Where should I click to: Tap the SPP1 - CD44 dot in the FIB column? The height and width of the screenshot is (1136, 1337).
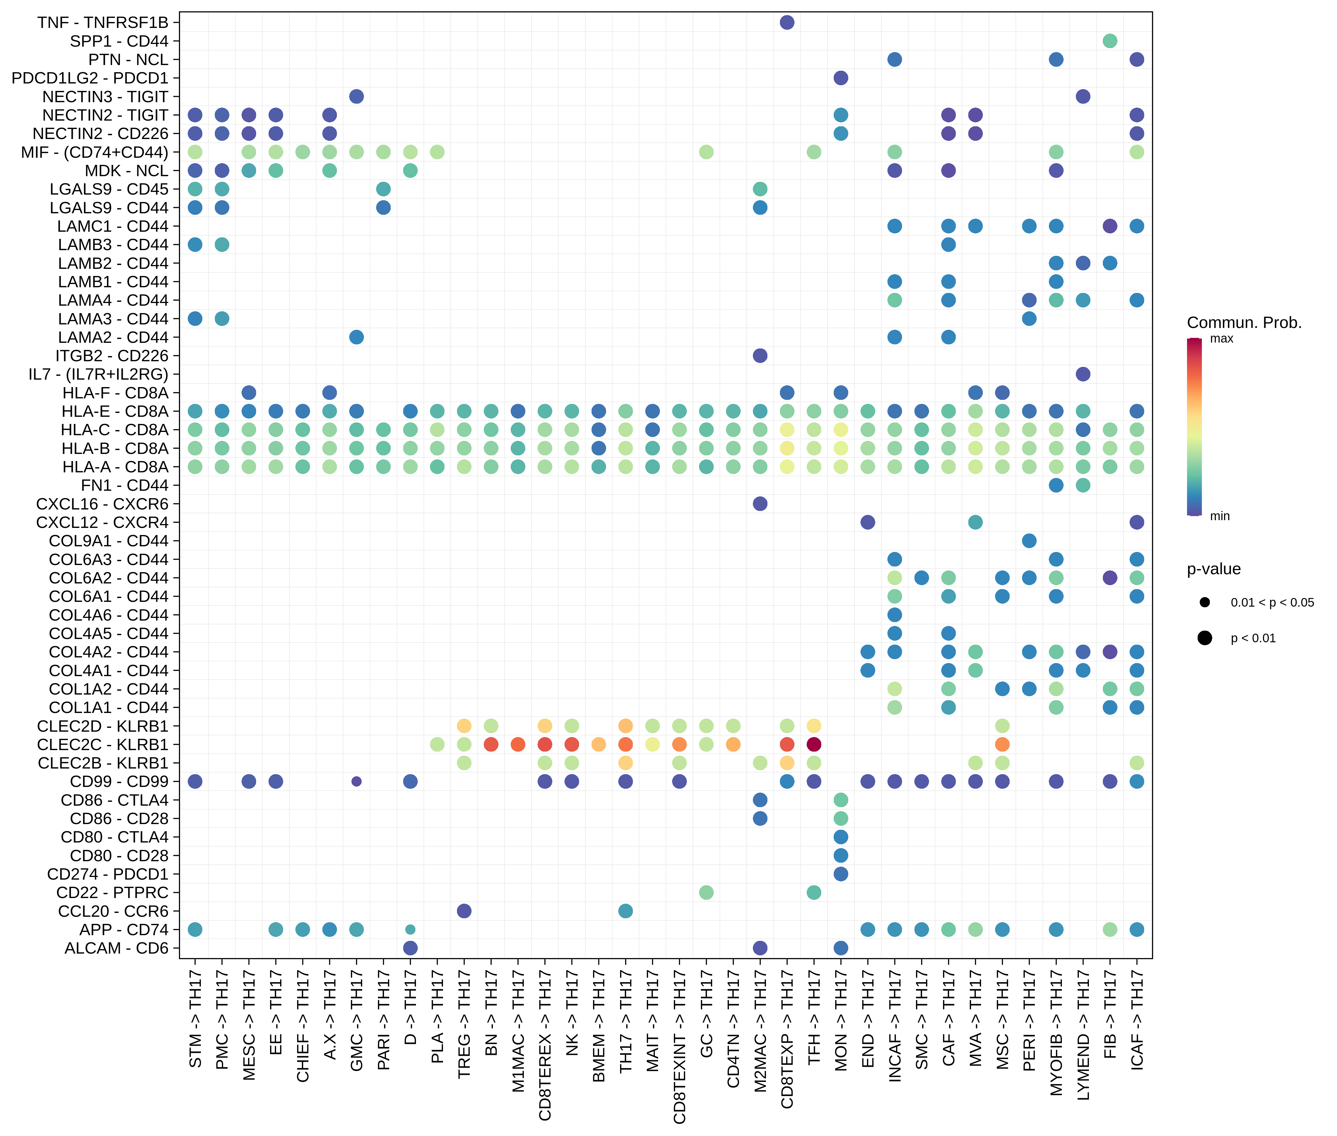(1110, 41)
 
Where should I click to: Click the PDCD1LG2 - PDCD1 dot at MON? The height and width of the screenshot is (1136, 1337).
(841, 78)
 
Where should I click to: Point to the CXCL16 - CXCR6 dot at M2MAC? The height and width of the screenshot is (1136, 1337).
(760, 504)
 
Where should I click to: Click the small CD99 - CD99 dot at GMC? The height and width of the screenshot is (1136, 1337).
(356, 781)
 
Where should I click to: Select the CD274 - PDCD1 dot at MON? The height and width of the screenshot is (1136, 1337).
(841, 874)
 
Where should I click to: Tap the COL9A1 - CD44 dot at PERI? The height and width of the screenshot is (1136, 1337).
(1029, 541)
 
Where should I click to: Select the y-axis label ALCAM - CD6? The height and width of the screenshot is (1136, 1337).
(116, 948)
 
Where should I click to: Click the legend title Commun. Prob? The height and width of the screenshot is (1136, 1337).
(1244, 323)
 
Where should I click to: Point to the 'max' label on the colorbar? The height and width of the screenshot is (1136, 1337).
(1221, 339)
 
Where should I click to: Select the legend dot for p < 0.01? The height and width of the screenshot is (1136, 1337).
(1204, 638)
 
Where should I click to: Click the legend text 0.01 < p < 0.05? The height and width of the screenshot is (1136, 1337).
(1272, 603)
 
